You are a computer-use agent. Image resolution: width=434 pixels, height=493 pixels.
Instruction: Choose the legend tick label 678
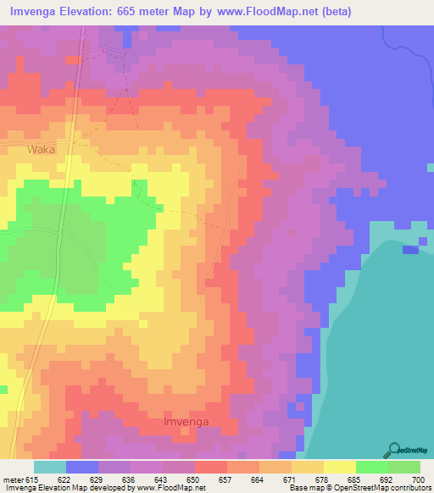tap(320, 479)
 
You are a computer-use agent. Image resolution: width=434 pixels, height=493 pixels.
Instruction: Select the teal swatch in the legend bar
tap(50, 467)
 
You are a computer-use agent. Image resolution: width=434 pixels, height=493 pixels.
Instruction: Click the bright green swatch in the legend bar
tap(372, 467)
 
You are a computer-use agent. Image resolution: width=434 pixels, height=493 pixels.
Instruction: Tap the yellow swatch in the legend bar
tap(340, 467)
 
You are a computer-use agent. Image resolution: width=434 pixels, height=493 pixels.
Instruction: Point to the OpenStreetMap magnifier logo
tap(395, 449)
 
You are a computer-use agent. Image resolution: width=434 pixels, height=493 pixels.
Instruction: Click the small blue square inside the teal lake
tap(411, 249)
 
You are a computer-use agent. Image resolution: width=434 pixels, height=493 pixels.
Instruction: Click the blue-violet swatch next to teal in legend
tap(82, 467)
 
